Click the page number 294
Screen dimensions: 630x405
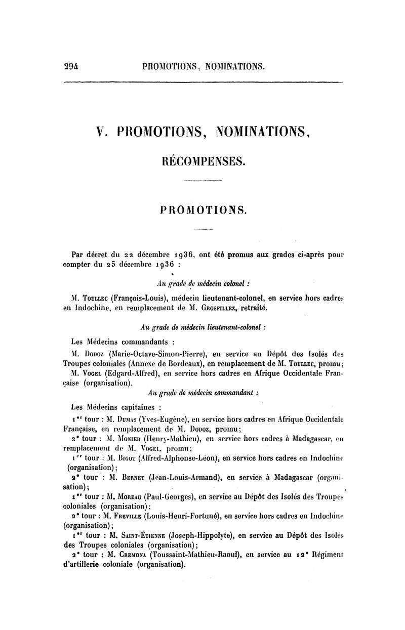(x=73, y=66)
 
